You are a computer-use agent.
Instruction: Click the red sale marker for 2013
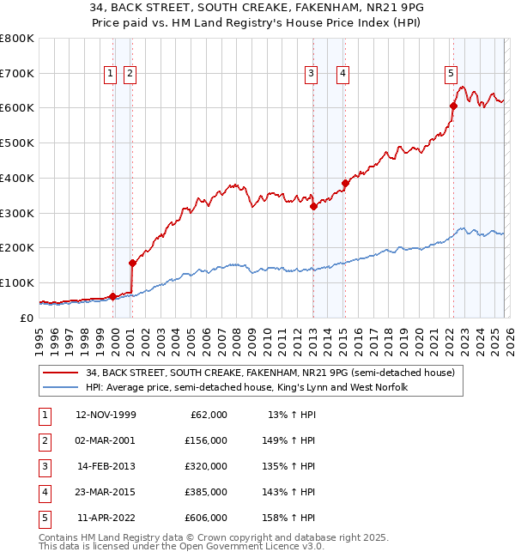[x=313, y=205]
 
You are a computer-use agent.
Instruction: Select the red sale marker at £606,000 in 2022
[x=452, y=106]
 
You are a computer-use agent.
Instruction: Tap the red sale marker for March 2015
[x=345, y=183]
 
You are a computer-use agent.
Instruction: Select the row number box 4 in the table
[x=44, y=492]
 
